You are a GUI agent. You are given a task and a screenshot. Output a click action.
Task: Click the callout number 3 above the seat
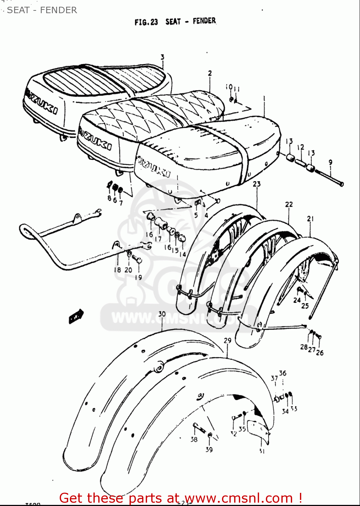[x=162, y=57]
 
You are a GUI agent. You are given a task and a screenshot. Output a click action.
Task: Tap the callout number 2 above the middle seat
[x=210, y=73]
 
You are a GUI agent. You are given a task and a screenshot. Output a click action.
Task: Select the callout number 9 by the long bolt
[x=330, y=162]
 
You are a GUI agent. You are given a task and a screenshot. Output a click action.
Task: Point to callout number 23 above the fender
[x=257, y=184]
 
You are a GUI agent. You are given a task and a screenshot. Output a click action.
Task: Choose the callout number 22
[x=289, y=204]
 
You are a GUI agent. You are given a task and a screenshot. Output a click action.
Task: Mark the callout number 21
[x=310, y=219]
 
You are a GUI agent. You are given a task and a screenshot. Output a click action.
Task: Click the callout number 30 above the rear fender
[x=162, y=314]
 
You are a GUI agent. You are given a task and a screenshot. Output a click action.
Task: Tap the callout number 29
[x=227, y=340]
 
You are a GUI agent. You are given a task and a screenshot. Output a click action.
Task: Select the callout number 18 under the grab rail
[x=117, y=270]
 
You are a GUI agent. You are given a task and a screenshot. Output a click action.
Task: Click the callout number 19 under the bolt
[x=138, y=277]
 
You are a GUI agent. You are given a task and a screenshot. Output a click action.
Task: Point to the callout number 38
[x=194, y=439]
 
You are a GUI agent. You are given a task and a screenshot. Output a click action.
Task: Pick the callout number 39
[x=209, y=449]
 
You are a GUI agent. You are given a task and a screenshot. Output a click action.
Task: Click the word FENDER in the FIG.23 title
[x=204, y=21]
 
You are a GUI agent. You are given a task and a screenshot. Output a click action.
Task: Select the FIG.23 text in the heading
[x=146, y=22]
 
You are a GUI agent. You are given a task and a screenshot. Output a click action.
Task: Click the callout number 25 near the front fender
[x=305, y=306]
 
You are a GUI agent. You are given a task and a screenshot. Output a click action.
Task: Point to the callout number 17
[x=158, y=239]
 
